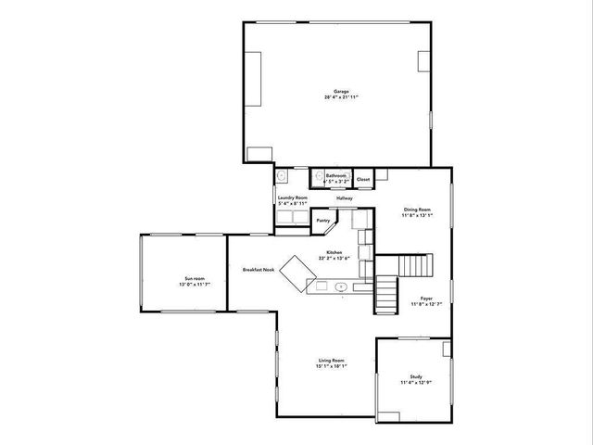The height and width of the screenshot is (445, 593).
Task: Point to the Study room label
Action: coord(416,376)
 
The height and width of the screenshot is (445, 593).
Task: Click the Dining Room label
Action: coord(417,210)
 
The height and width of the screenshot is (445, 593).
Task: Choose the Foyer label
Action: coord(415,299)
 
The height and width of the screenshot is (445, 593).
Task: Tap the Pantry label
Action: coord(323,221)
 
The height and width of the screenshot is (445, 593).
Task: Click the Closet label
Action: coord(363,178)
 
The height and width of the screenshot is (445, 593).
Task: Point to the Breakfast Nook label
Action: coord(259,270)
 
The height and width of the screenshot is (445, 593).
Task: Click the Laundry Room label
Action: coord(293,197)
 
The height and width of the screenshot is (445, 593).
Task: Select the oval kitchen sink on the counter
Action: coord(341,287)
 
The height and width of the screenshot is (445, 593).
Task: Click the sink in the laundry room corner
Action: coord(283,174)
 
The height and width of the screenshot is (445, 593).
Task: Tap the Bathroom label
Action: coord(335,175)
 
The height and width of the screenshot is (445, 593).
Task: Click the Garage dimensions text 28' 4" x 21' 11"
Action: coord(341,96)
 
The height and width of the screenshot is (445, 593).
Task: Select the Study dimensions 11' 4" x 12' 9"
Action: coord(416,382)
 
